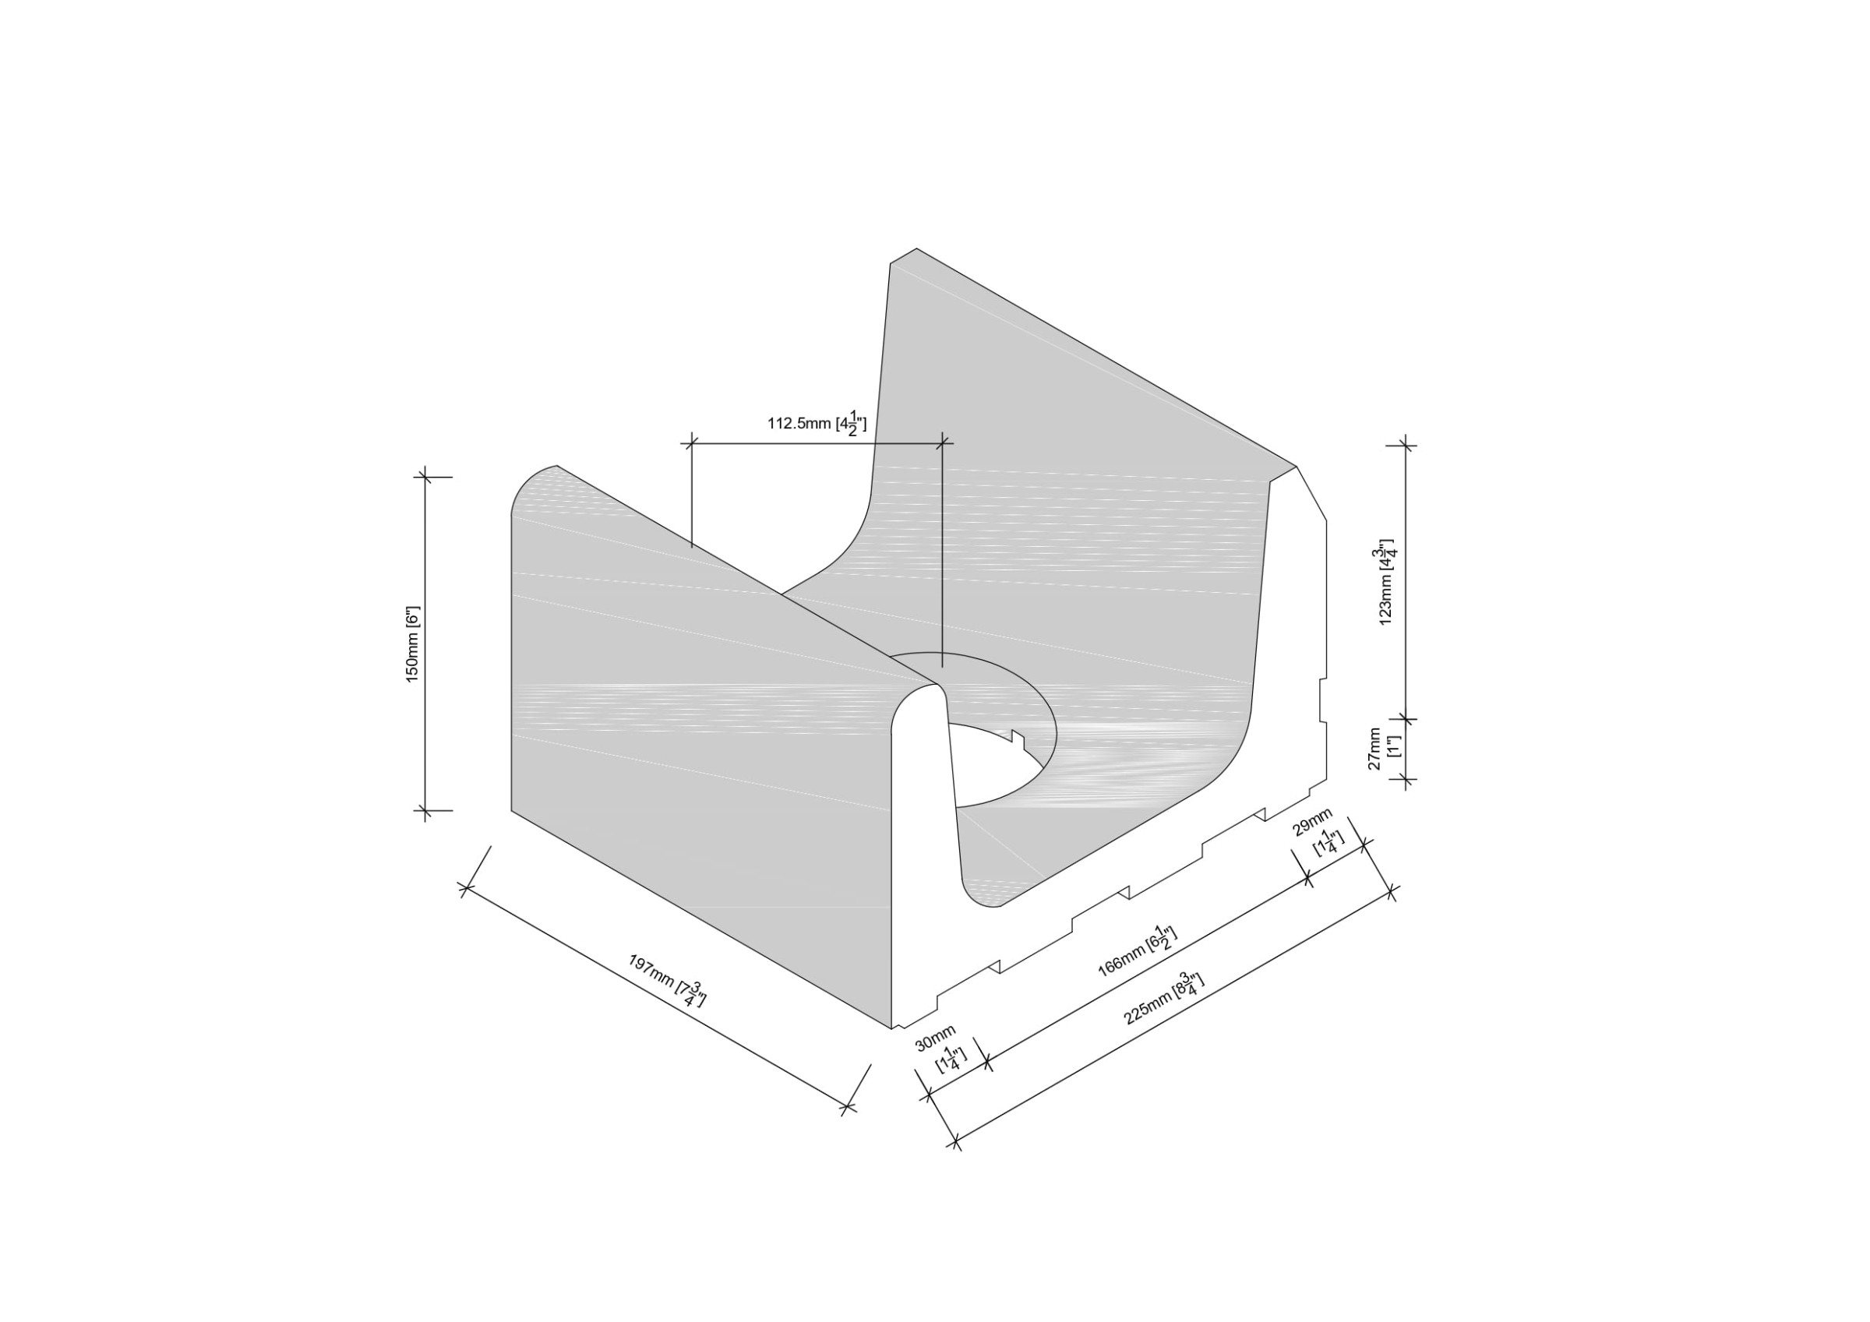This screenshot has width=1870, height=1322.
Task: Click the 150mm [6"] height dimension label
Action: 413,643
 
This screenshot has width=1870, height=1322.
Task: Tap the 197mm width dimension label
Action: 667,981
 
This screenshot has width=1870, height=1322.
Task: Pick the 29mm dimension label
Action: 1317,834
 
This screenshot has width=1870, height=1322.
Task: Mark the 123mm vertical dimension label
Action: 1385,582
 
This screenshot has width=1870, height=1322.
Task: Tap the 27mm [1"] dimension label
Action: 1384,749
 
